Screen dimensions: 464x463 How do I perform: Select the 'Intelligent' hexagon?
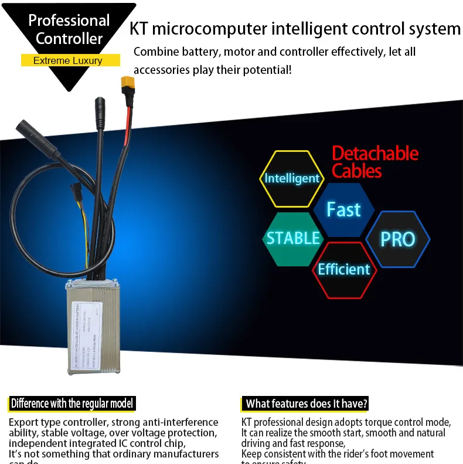(292, 178)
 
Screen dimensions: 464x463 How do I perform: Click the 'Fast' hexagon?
(343, 209)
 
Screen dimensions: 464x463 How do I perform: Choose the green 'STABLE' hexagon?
(293, 238)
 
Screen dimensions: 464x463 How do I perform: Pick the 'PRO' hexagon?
(398, 239)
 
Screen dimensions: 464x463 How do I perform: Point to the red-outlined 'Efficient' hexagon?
(343, 269)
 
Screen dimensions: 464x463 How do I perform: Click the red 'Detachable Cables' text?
(375, 162)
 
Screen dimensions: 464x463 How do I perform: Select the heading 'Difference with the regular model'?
(72, 404)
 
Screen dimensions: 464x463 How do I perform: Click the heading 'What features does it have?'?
(307, 404)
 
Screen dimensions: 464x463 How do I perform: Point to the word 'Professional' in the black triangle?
(69, 21)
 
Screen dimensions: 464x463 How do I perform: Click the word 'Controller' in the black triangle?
(69, 39)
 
